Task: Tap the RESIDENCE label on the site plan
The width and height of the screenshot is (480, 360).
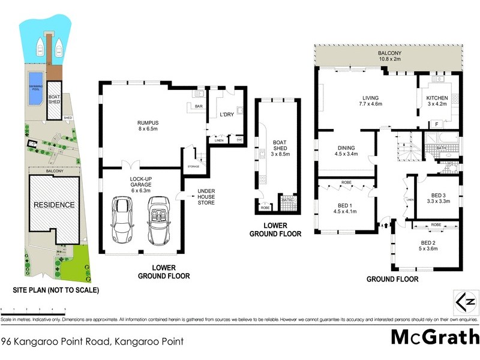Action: coord(54,205)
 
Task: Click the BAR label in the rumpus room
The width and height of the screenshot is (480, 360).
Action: coord(195,106)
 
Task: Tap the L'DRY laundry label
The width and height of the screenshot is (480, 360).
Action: coord(226,114)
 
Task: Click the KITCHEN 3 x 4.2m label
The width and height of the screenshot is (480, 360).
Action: coord(438,100)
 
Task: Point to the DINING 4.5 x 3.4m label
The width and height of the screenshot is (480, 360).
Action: coord(346,151)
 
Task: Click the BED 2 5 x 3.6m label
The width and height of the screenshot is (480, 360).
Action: coord(428,246)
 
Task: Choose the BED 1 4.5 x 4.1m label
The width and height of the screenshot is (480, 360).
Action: coord(344,208)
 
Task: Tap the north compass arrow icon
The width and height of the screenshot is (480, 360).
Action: coord(466,302)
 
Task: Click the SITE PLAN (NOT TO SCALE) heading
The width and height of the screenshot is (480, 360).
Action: coord(56,290)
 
